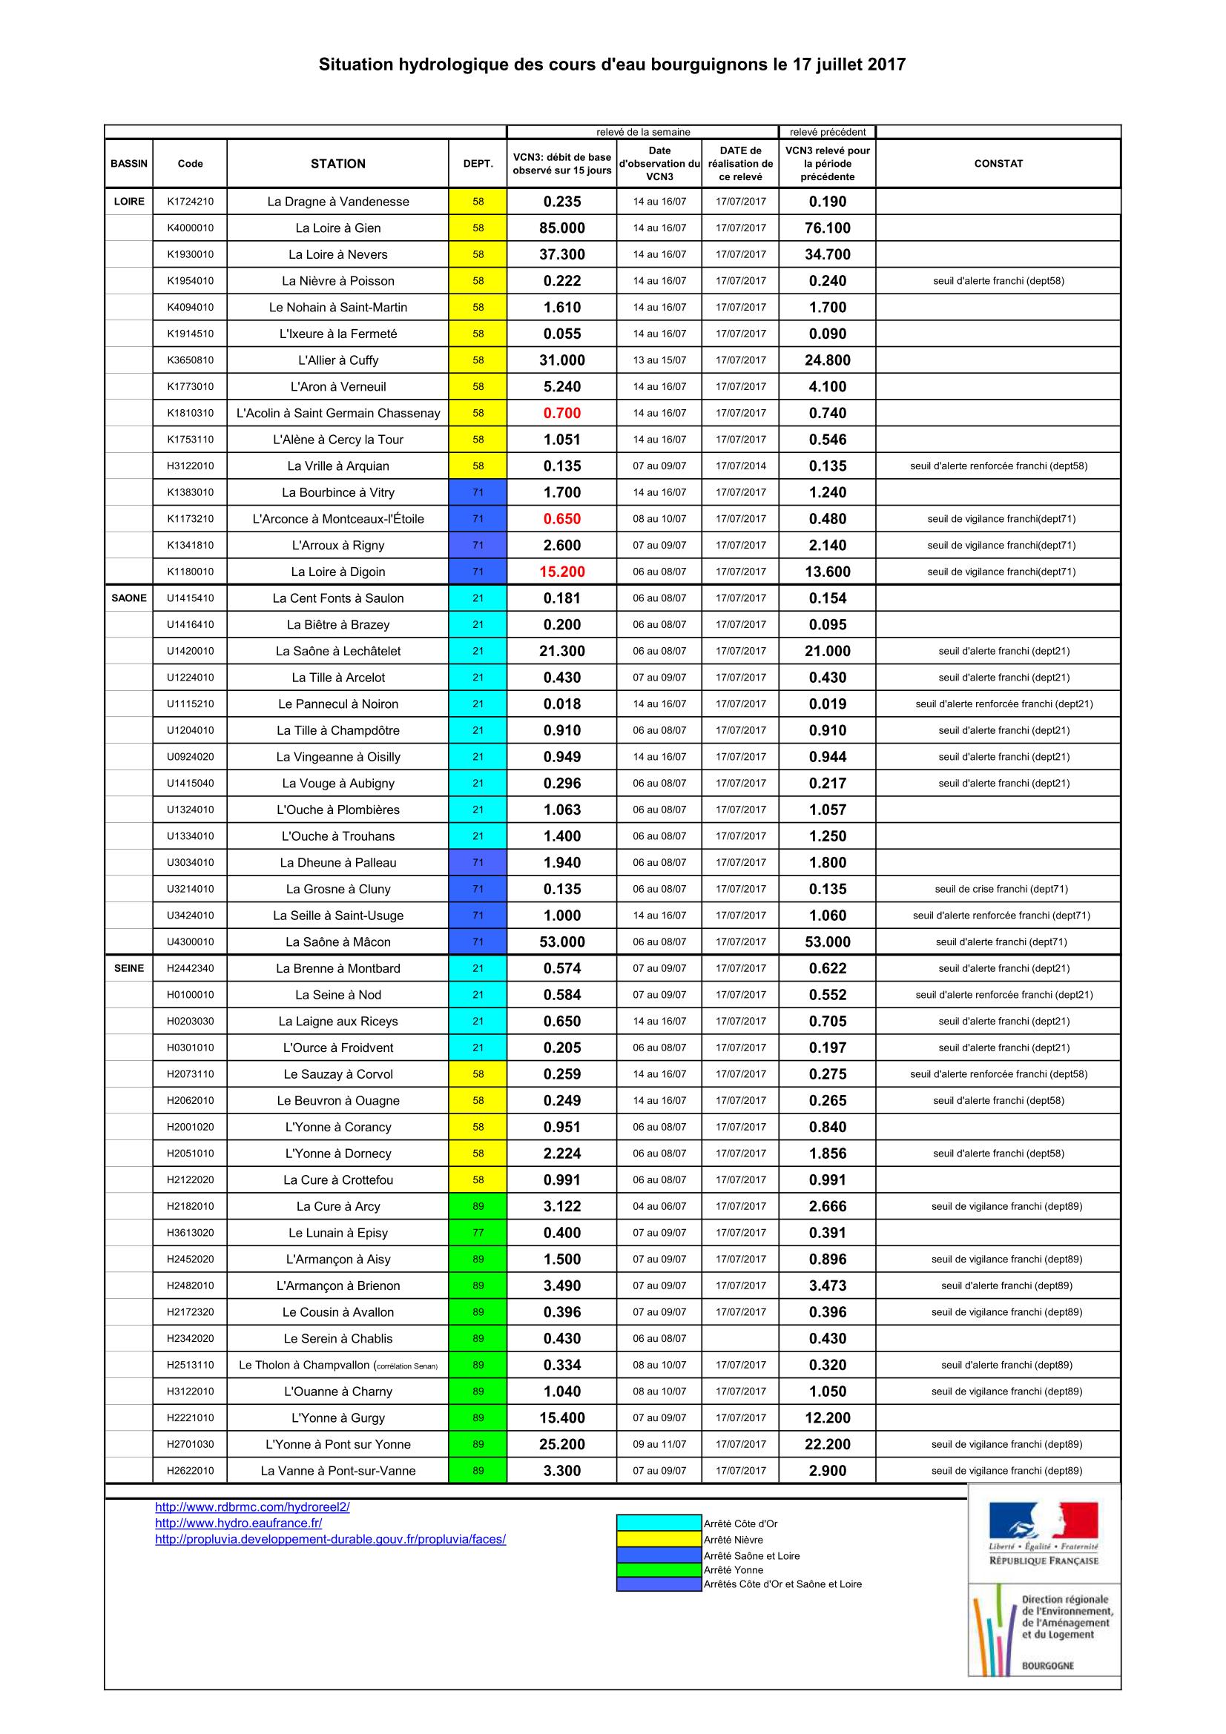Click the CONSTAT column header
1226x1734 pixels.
(998, 163)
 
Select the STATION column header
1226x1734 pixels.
(337, 163)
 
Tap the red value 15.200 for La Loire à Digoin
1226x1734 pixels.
(562, 572)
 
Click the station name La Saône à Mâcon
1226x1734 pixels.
(337, 942)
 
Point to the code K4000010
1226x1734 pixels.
(191, 228)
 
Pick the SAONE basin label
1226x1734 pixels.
(129, 598)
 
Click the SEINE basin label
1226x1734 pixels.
(129, 968)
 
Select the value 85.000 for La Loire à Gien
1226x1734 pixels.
(562, 228)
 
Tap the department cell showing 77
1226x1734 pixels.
(478, 1233)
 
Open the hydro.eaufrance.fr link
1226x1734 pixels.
(239, 1523)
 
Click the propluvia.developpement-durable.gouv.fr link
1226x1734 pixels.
(330, 1539)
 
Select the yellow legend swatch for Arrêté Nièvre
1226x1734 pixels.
(659, 1540)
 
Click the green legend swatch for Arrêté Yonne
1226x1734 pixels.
(659, 1570)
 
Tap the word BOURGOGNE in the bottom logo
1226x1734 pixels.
(1047, 1664)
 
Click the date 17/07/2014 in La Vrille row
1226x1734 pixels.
(740, 466)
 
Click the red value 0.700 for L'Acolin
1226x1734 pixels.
(562, 413)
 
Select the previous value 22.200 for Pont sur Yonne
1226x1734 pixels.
(827, 1444)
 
